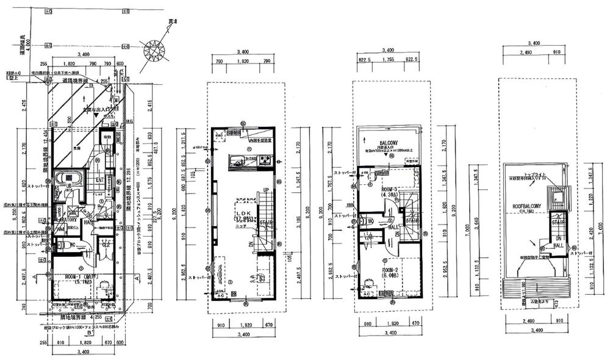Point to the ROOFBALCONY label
coord(525,206)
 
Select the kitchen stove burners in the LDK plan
coord(265,160)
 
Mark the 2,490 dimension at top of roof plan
coord(517,53)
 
